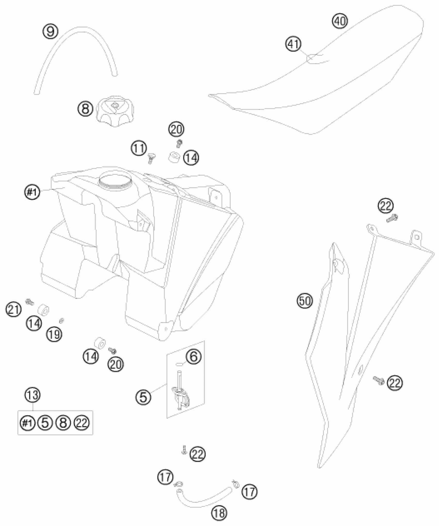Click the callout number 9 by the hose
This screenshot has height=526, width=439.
point(51,31)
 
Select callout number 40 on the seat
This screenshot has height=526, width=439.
point(340,21)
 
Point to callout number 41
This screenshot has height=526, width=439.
point(294,44)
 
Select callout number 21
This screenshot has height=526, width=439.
point(13,309)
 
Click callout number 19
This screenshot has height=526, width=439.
point(54,334)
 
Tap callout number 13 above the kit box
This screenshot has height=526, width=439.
point(33,395)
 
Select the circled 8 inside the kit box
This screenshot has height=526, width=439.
point(63,423)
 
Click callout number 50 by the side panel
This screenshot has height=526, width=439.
point(305,301)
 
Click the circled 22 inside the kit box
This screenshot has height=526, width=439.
point(82,423)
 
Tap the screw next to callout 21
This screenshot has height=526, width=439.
point(29,301)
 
